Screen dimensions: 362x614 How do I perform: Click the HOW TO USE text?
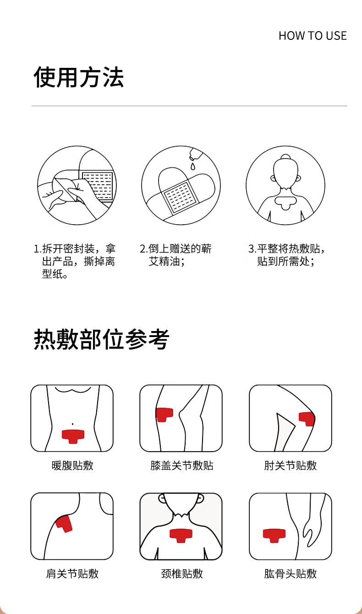tap(313, 36)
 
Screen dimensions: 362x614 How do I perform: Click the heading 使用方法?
tap(79, 77)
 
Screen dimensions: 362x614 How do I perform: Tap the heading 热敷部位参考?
tap(101, 339)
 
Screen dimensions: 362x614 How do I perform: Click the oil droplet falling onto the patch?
tap(193, 166)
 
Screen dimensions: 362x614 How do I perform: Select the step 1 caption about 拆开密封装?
tap(75, 261)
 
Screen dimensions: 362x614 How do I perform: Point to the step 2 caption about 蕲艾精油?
tap(176, 255)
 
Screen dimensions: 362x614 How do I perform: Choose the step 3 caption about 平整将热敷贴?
tap(286, 255)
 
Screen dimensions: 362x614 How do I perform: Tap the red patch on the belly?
tap(73, 437)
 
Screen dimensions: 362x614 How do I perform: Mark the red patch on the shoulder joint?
tap(64, 524)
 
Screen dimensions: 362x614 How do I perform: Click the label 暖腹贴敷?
tap(72, 465)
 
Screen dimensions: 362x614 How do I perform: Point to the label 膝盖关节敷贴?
tap(181, 465)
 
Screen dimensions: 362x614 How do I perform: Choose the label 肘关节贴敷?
tap(291, 465)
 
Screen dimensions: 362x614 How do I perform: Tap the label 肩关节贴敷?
tap(72, 574)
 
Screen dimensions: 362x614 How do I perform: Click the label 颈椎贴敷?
tap(182, 574)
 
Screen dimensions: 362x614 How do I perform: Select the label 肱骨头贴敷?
tap(291, 574)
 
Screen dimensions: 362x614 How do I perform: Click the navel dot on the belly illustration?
tap(72, 424)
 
